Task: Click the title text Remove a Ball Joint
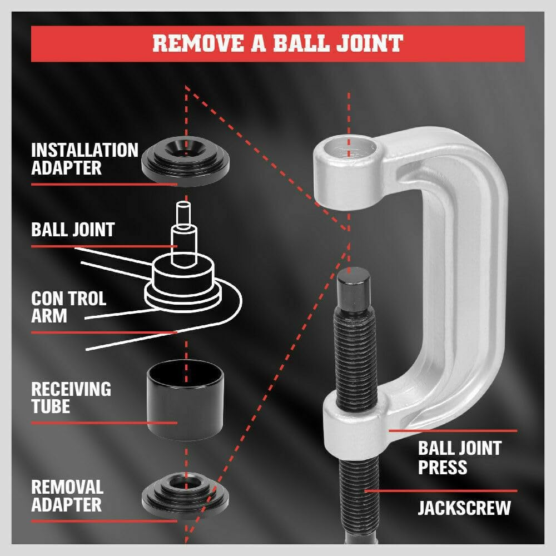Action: pyautogui.click(x=277, y=43)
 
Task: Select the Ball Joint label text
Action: pyautogui.click(x=73, y=230)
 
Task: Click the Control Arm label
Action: pyautogui.click(x=68, y=307)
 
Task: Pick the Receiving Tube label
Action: pyautogui.click(x=71, y=398)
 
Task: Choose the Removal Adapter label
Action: pyautogui.click(x=67, y=496)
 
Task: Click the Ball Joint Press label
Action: pyautogui.click(x=459, y=457)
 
